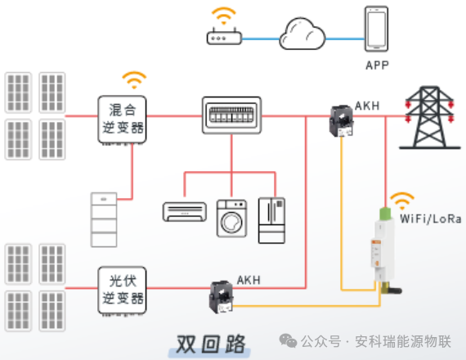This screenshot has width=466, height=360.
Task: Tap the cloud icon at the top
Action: coord(302,34)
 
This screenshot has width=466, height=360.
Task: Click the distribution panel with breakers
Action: coord(231,115)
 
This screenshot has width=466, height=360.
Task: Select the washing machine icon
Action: coord(231,218)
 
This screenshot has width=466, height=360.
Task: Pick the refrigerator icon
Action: coord(271,219)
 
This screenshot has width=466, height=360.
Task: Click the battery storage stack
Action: coord(104,218)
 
